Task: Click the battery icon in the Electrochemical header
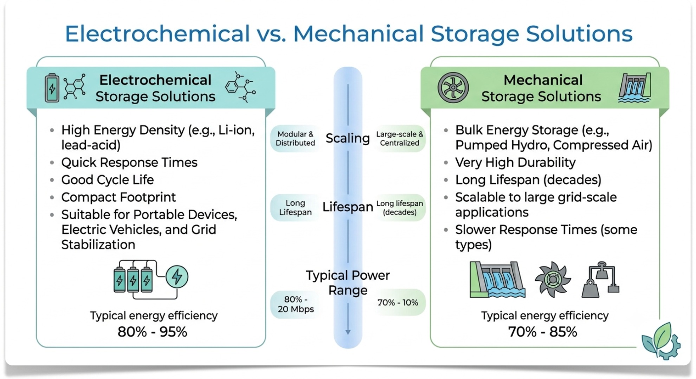click(x=52, y=88)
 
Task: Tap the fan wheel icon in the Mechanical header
click(x=453, y=88)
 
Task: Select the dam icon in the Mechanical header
click(x=634, y=88)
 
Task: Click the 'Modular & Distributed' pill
click(x=295, y=139)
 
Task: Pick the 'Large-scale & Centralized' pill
click(x=400, y=139)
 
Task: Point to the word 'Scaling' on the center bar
click(x=348, y=138)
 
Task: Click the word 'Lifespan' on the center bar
click(x=348, y=207)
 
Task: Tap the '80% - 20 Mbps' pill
click(x=296, y=304)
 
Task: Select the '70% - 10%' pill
click(x=398, y=302)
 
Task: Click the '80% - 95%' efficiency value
click(x=152, y=332)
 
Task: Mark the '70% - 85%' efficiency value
click(x=543, y=332)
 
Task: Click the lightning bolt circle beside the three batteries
click(x=177, y=277)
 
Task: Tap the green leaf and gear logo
click(x=661, y=341)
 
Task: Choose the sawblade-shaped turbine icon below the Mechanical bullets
click(x=553, y=279)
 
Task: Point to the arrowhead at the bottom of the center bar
click(x=348, y=332)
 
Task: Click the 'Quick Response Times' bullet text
click(x=129, y=162)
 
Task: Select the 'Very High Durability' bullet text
click(x=515, y=162)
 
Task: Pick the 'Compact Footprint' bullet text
click(x=118, y=197)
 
